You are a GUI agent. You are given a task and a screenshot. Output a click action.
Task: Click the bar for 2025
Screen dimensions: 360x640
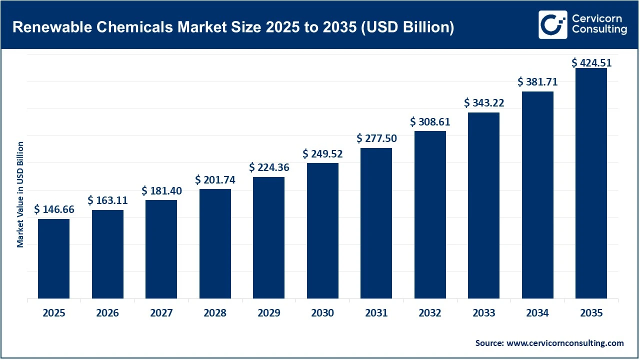[x=53, y=258]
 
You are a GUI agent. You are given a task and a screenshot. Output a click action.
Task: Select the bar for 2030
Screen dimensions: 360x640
[x=322, y=230]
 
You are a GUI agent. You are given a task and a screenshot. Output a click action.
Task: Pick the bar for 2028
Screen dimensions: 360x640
[x=215, y=243]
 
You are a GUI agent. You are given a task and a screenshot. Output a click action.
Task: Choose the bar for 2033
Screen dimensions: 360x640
[x=483, y=205]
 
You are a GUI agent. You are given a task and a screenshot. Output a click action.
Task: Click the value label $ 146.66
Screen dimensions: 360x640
[x=54, y=210]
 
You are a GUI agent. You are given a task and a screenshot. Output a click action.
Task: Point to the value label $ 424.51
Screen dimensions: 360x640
[x=591, y=63]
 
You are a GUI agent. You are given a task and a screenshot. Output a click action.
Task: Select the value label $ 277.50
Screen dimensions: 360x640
[x=376, y=138]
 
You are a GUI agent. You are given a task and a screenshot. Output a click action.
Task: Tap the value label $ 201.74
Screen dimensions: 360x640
[x=215, y=179]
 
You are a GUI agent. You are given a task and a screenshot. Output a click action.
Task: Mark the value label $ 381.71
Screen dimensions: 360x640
[x=537, y=82]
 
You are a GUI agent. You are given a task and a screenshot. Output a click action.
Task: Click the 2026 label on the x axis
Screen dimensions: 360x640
[x=107, y=313]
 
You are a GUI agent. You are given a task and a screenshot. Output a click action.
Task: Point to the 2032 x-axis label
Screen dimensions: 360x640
[x=430, y=313]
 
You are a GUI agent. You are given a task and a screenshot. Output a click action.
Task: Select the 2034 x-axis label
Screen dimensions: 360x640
[x=537, y=313]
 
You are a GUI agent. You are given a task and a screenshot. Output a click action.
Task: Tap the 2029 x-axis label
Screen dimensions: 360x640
[x=268, y=313]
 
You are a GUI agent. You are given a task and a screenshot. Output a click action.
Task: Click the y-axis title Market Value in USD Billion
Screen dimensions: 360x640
[x=20, y=194]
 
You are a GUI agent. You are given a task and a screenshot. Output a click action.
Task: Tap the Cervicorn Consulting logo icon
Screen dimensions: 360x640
[x=552, y=24]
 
